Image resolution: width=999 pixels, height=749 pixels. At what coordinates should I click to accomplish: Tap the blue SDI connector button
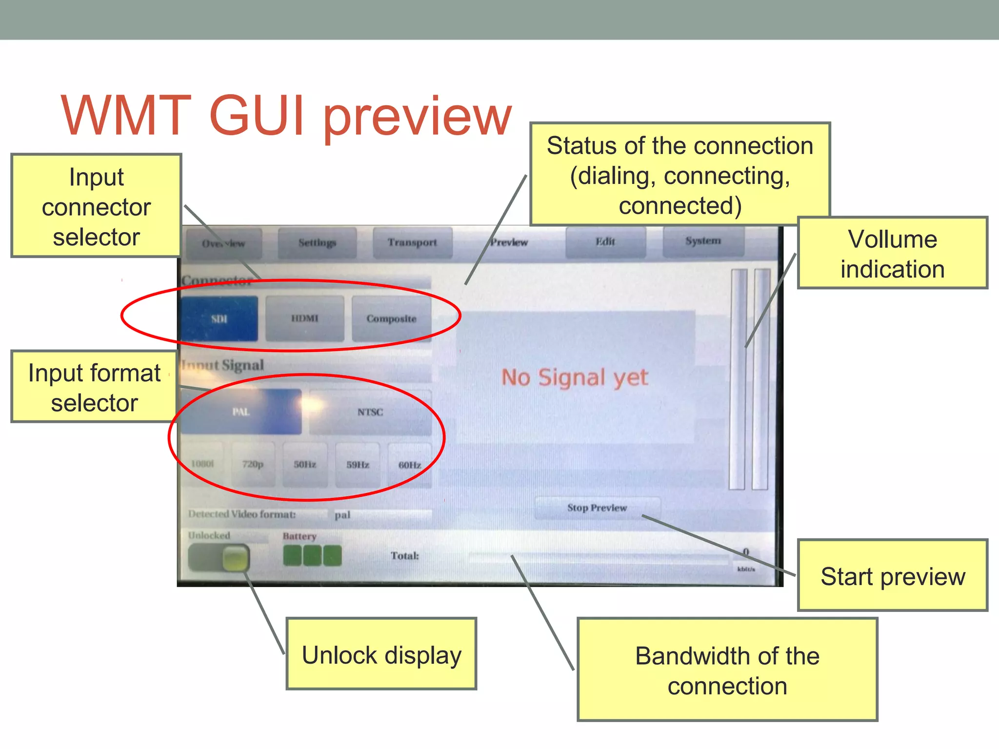(x=220, y=318)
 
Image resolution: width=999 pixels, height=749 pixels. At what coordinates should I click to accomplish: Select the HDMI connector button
(x=305, y=318)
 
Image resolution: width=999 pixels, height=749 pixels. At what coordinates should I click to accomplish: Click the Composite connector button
(x=391, y=318)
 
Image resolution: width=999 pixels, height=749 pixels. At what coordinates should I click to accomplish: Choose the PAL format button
(x=241, y=412)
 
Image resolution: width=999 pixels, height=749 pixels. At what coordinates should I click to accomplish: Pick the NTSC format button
(x=370, y=412)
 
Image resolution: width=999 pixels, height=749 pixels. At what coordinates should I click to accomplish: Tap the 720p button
(x=253, y=464)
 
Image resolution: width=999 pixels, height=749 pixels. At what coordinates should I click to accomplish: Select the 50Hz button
(x=305, y=464)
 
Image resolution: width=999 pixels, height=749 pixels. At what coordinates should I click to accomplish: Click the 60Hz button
(x=410, y=465)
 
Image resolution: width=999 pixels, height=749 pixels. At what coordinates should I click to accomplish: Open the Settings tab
(x=317, y=242)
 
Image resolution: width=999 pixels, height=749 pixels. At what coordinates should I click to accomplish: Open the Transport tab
(x=412, y=242)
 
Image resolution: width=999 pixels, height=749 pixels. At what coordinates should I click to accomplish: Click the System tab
(x=703, y=241)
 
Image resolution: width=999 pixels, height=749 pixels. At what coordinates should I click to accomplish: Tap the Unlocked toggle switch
(x=219, y=557)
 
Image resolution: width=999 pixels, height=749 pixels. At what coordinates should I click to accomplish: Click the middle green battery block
(x=312, y=555)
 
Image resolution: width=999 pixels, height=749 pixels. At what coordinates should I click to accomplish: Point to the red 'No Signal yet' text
(x=575, y=377)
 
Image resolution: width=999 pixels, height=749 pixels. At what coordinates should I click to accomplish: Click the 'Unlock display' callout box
(x=381, y=654)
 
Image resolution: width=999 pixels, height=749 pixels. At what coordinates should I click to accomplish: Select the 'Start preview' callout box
(x=892, y=575)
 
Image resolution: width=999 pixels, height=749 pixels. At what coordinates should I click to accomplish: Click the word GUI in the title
(x=257, y=116)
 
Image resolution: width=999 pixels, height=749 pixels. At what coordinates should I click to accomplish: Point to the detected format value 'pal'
(x=342, y=515)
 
